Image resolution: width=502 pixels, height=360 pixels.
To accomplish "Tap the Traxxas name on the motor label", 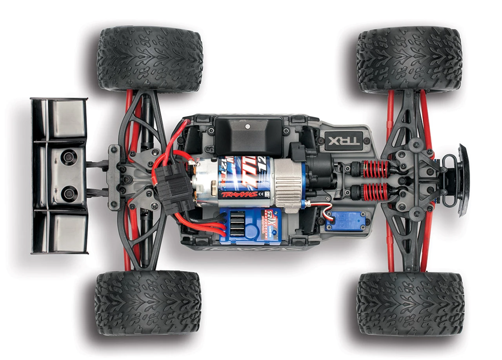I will coord(240,194).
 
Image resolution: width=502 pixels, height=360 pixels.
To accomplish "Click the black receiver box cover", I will coord(248,135).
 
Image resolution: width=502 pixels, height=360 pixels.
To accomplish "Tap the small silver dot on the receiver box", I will coord(248,126).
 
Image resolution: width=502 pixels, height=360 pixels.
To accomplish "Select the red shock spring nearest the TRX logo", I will coord(375,169).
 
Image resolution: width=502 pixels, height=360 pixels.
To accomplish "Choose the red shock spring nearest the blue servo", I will coord(375,192).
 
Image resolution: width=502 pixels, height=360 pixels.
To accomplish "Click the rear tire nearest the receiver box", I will coord(150,59).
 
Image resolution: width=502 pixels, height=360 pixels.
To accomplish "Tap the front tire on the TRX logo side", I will coord(409,60).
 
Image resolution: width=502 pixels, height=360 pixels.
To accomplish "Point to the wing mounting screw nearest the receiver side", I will coord(69,158).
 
